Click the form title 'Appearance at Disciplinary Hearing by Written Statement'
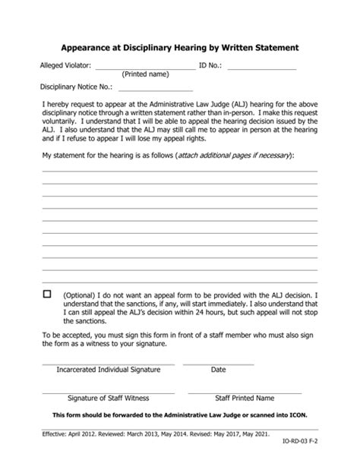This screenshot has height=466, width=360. point(180,47)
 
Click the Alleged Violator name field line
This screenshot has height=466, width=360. point(144,69)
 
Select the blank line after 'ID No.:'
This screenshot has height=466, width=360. point(261,69)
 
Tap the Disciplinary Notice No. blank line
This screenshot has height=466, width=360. point(155,90)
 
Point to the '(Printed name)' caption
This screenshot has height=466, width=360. point(145,75)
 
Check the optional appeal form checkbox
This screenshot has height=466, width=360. point(47,294)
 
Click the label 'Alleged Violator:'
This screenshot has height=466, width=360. point(65,67)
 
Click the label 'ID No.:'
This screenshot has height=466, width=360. point(210,67)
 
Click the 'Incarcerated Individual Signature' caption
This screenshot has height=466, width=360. point(108,370)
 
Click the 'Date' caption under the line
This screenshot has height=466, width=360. point(218,370)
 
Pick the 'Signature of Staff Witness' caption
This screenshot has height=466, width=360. point(108,398)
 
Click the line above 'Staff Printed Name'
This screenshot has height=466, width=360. point(245,392)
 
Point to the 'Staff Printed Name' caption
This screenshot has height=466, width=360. point(245,398)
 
